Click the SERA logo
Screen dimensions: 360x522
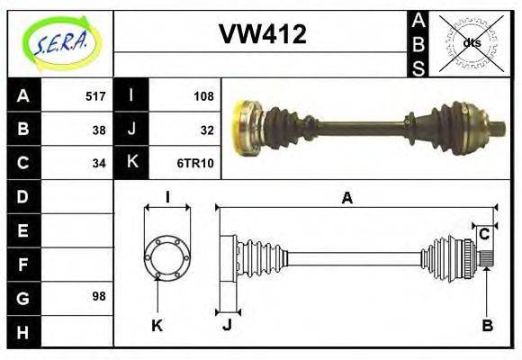click(x=59, y=42)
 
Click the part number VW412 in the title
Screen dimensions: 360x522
click(x=263, y=35)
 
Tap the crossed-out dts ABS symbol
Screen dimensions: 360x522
click(x=470, y=42)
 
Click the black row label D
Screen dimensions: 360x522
click(x=23, y=196)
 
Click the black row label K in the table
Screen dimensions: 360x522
click(x=131, y=163)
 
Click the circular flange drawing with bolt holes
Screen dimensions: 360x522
click(x=167, y=257)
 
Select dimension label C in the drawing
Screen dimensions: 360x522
click(x=484, y=234)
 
